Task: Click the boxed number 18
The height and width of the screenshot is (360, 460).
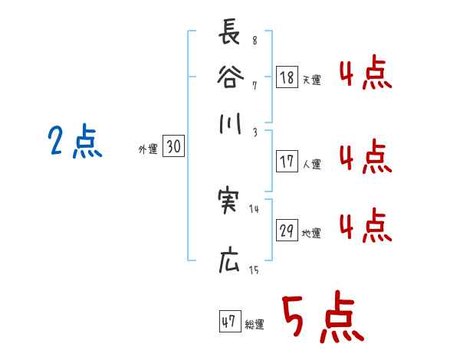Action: pos(287,77)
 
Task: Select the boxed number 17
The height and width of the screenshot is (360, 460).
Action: pos(287,162)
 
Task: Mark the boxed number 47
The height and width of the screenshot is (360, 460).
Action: pos(229,322)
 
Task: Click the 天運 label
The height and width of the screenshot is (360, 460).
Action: pos(312,79)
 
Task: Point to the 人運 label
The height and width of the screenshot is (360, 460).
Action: pos(312,164)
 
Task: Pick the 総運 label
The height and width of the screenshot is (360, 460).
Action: pos(254,325)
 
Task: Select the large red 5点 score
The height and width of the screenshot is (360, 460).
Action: pos(321,318)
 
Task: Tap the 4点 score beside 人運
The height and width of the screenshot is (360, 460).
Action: pos(365,159)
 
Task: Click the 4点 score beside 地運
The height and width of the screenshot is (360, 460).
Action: pos(365,227)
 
